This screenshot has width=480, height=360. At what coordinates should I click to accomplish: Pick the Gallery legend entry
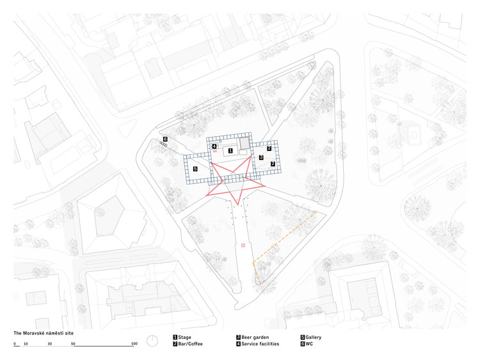(x=312, y=337)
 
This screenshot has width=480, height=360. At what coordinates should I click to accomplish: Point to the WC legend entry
(x=308, y=344)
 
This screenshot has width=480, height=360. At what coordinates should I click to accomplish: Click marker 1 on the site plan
(x=230, y=150)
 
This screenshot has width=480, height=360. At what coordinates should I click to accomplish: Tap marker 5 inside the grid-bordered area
(x=195, y=169)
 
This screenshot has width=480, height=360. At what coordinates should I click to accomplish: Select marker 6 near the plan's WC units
(x=164, y=139)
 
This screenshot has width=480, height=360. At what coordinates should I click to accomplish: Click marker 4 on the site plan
(x=214, y=147)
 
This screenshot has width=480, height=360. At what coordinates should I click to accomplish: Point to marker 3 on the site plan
(x=261, y=157)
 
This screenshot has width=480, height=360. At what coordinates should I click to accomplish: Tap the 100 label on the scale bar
(x=134, y=344)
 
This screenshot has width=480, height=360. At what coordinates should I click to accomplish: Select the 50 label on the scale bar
(x=74, y=344)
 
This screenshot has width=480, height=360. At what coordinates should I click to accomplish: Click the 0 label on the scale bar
(x=15, y=344)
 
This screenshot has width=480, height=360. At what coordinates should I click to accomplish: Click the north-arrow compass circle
(x=152, y=340)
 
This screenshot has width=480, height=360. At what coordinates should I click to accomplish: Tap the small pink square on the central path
(x=243, y=246)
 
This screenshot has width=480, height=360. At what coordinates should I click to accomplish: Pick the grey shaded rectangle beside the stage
(x=244, y=146)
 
